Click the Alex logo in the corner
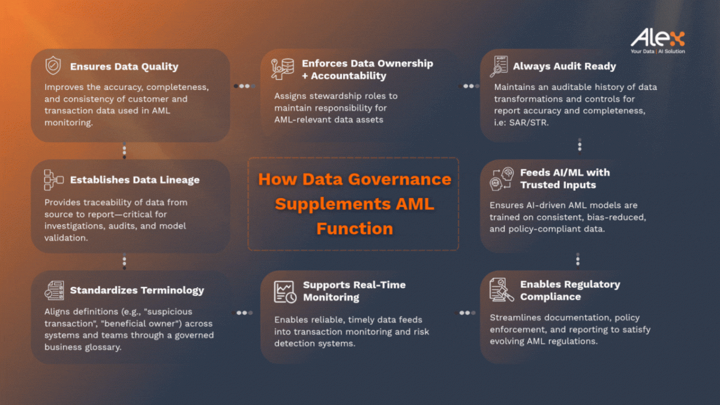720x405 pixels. pyautogui.click(x=658, y=41)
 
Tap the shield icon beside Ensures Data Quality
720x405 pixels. pyautogui.click(x=53, y=65)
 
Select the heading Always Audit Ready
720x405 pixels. pyautogui.click(x=564, y=66)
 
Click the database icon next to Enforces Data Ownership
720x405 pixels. pyautogui.click(x=282, y=69)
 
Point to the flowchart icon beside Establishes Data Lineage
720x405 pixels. pyautogui.click(x=53, y=180)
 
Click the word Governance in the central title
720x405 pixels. pyautogui.click(x=400, y=179)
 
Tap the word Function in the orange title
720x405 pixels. pyautogui.click(x=355, y=229)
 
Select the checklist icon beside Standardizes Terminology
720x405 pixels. pyautogui.click(x=55, y=290)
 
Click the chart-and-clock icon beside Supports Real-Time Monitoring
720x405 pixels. pyautogui.click(x=285, y=292)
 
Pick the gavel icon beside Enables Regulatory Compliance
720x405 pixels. pyautogui.click(x=501, y=290)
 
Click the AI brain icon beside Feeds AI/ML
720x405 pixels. pyautogui.click(x=502, y=179)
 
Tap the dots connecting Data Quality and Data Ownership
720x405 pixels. pyautogui.click(x=245, y=86)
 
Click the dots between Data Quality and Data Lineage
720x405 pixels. pyautogui.click(x=124, y=151)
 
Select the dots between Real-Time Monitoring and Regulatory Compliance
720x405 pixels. pyautogui.click(x=465, y=313)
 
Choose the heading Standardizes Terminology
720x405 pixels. pyautogui.click(x=137, y=290)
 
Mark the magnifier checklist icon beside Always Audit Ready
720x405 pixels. pyautogui.click(x=499, y=67)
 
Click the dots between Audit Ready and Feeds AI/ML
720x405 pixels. pyautogui.click(x=580, y=146)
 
